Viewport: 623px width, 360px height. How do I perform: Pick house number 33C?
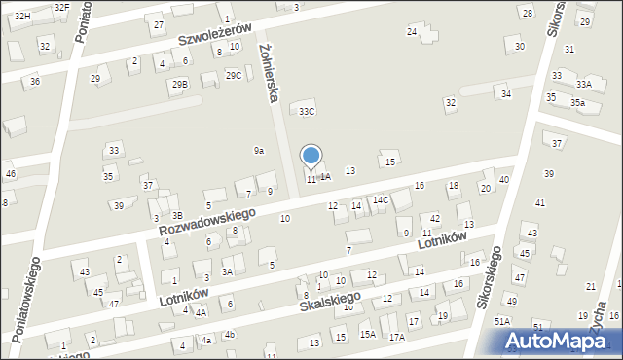307,112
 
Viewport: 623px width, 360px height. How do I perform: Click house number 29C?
234,75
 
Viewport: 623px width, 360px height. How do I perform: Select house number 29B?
180,85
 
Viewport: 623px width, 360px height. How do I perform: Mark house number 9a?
259,150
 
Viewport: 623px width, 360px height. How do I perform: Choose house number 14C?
381,200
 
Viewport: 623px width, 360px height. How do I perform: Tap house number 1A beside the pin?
326,176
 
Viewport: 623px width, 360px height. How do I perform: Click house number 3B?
177,215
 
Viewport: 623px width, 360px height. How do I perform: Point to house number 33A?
583,85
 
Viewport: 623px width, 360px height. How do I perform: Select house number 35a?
578,102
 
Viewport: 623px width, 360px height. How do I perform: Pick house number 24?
412,32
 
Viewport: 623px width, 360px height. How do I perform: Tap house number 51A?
502,321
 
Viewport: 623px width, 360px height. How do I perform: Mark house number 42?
436,218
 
